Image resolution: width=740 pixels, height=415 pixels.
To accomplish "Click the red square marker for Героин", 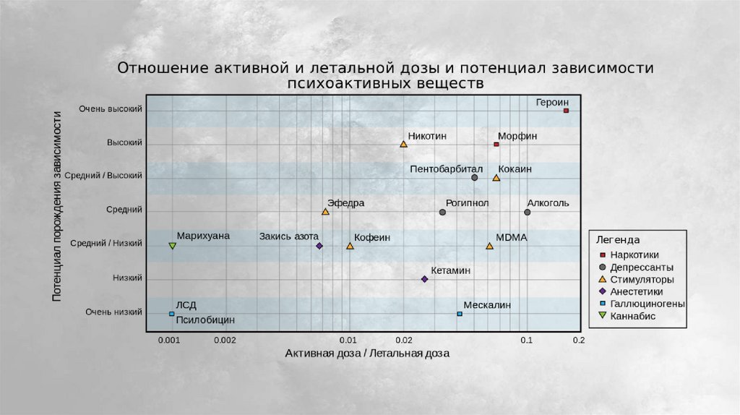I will point(566,111).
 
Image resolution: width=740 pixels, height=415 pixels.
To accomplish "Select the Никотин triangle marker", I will point(403,145).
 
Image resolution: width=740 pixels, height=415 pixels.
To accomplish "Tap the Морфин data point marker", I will point(496,145).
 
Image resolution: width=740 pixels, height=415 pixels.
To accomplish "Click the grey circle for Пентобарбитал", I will point(474,178).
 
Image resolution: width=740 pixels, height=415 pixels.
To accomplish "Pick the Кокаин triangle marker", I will point(496,178).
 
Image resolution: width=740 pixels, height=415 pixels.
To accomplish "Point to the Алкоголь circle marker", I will point(528,213).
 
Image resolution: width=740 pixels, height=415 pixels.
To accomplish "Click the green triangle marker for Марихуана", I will point(172,247).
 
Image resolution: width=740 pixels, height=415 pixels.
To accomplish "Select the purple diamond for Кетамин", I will point(424,279).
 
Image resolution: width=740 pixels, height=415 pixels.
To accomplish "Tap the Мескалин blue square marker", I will point(460,314).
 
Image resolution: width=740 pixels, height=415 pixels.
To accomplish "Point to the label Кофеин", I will point(371,237).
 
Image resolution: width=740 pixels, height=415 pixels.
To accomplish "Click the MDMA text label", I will point(512,237).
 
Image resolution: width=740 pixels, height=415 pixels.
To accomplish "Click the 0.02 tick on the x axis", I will point(403,340).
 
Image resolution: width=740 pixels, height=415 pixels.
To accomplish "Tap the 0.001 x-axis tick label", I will point(169,340).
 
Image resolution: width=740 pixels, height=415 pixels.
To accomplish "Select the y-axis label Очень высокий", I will point(111,109).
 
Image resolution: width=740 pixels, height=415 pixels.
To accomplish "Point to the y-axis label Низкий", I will point(127,278).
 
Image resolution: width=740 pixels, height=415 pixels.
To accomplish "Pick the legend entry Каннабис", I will point(633,316).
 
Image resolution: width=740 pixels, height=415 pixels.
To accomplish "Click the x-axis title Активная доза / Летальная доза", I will point(367,354).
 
